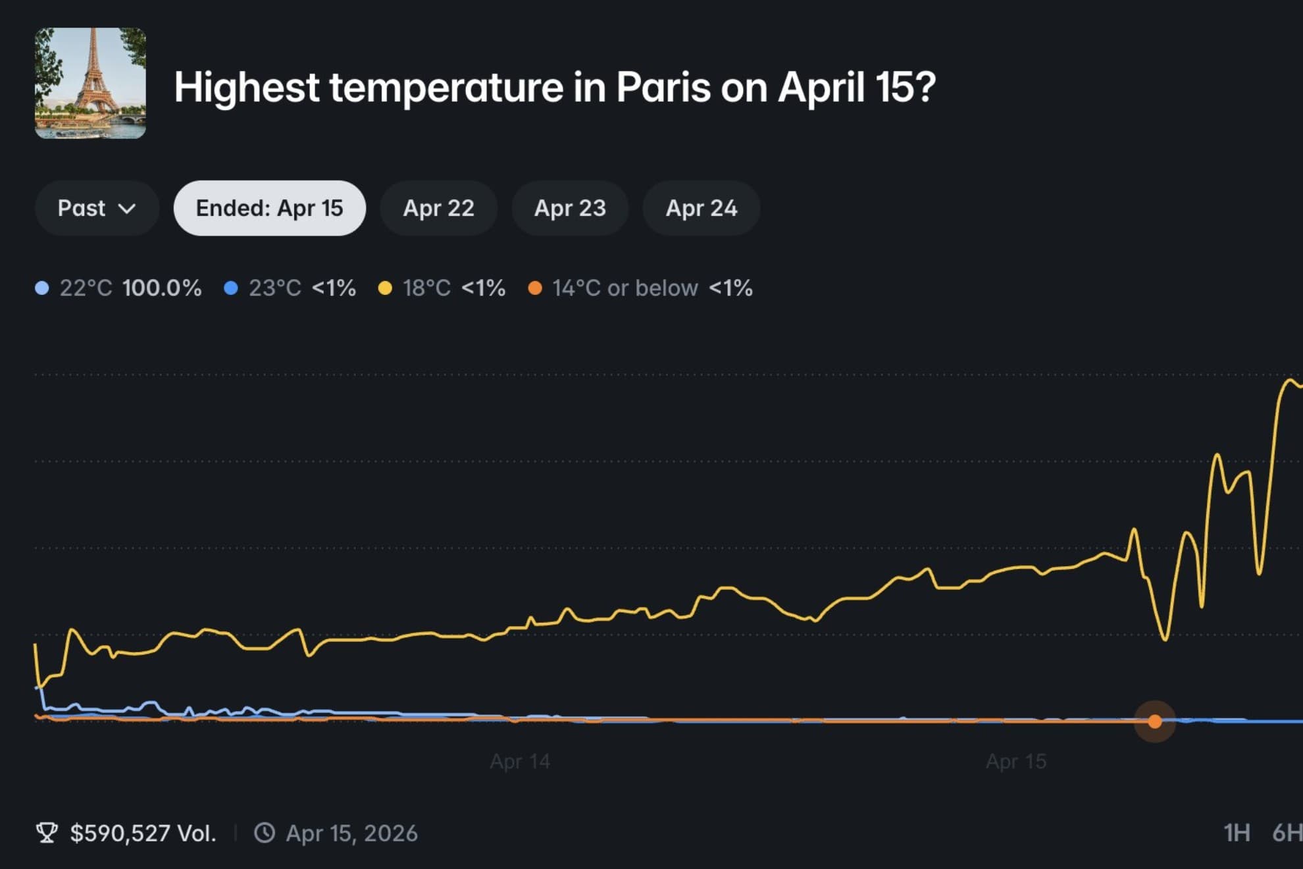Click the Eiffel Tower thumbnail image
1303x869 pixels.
[90, 83]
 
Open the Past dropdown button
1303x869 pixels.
[97, 208]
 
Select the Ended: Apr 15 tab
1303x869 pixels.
[269, 208]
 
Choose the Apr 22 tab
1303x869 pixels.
[438, 208]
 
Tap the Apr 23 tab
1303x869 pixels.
[570, 208]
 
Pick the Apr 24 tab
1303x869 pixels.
[701, 208]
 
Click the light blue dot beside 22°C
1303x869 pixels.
[42, 288]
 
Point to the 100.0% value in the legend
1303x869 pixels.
[162, 288]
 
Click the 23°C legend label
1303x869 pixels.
[274, 288]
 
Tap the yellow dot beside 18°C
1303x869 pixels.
[385, 288]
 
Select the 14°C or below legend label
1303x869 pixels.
[625, 288]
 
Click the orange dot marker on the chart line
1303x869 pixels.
[1155, 722]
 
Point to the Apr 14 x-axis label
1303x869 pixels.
[520, 762]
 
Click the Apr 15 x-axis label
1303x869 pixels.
[1016, 762]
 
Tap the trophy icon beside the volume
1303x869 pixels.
[47, 833]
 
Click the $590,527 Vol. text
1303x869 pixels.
[143, 833]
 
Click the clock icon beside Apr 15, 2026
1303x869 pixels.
[265, 833]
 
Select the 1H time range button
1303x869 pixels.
[1237, 833]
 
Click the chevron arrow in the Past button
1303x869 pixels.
[126, 209]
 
